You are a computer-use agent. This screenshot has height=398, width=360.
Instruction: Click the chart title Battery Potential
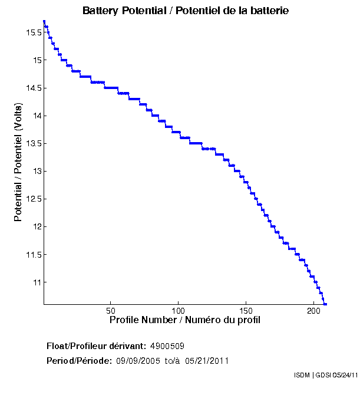click(185, 11)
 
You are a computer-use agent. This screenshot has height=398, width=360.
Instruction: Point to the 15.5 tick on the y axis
click(34, 32)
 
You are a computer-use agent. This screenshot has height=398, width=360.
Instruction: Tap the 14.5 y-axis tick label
click(34, 88)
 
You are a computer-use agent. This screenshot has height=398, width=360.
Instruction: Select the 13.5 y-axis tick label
click(34, 143)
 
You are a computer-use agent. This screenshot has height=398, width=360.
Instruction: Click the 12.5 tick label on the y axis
click(34, 199)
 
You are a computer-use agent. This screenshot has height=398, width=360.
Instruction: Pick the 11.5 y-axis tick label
click(34, 255)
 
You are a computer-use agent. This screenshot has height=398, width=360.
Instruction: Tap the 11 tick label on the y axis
click(37, 282)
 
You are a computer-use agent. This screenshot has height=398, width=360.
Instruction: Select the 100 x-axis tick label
click(179, 310)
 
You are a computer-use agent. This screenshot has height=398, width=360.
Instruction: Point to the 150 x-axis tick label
click(246, 310)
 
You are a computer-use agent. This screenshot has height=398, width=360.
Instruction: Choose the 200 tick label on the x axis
click(313, 310)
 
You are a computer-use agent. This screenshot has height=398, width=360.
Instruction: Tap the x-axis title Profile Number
click(185, 320)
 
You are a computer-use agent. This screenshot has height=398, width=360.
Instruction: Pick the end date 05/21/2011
click(207, 360)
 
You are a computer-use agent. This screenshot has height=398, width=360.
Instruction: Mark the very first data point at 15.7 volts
click(44, 21)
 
